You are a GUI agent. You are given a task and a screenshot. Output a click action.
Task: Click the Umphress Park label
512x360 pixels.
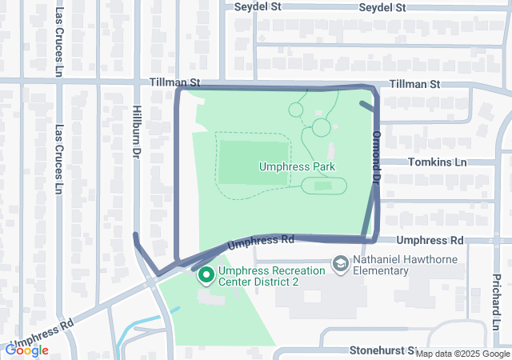pos(297,166)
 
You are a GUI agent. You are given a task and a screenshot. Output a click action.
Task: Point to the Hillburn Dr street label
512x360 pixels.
pos(137,131)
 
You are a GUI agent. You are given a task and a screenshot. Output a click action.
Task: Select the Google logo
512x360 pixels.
pos(26,350)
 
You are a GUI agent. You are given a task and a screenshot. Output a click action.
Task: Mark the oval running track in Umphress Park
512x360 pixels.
pos(323,186)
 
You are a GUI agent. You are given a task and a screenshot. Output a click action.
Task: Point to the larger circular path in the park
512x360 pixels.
pos(321,127)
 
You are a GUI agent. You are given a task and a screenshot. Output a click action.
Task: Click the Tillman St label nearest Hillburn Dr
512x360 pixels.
pos(174,83)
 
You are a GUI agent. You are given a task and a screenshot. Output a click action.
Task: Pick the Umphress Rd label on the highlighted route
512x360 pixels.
pos(262,240)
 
